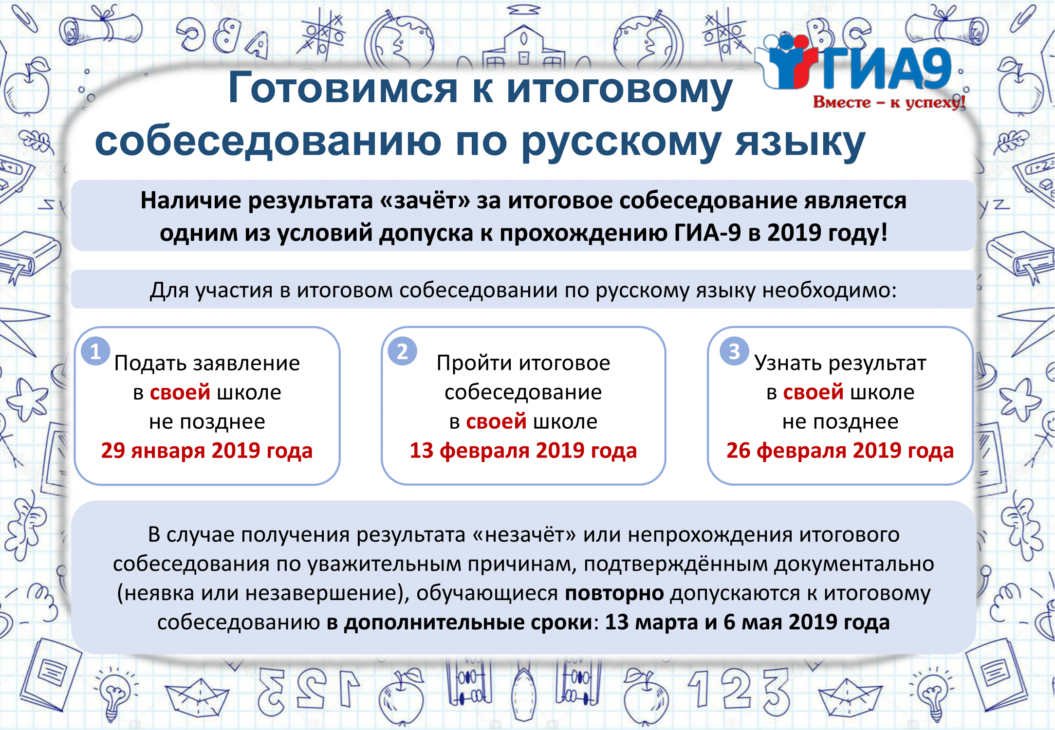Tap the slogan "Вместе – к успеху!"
pos(889,102)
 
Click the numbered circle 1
pos(95,351)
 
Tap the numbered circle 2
pos(402,351)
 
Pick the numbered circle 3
pos(734,351)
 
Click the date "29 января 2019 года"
pos(207,451)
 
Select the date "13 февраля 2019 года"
pos(523,451)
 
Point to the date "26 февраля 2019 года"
pos(840,451)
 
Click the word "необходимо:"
pos(830,291)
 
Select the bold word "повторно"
pos(614,594)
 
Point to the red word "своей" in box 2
pos(496,421)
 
